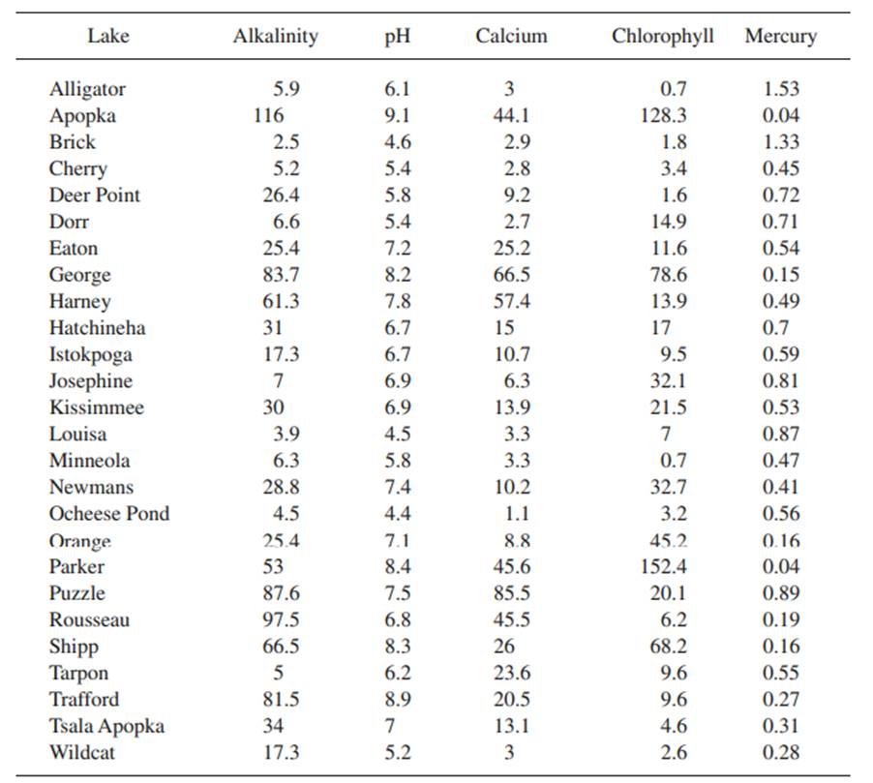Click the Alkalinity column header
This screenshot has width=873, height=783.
(275, 37)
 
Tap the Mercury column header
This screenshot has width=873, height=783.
(780, 37)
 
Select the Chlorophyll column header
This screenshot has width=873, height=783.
(663, 37)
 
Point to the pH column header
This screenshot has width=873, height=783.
(395, 37)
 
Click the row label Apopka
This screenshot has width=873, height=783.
(83, 115)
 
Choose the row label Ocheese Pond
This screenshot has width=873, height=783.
(109, 514)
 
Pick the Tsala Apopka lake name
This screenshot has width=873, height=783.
(106, 726)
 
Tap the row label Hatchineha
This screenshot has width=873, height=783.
(97, 328)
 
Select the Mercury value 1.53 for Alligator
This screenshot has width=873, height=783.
(781, 89)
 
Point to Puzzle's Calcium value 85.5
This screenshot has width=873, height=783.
(509, 593)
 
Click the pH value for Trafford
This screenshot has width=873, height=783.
(397, 700)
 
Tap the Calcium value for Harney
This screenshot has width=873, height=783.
(509, 301)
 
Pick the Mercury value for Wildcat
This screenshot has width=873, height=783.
(781, 752)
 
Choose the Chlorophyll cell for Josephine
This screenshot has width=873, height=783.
(668, 381)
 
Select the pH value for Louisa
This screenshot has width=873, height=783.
(397, 435)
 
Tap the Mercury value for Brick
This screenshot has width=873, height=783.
(781, 142)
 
